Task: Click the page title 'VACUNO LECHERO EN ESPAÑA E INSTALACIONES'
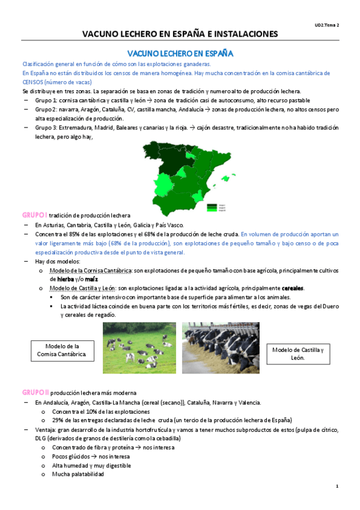(x=180, y=34)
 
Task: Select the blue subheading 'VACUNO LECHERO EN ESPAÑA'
(x=180, y=54)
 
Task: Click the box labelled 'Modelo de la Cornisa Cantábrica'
(x=62, y=351)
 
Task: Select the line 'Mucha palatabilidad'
(x=78, y=474)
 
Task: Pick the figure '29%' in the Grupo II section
(x=58, y=420)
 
